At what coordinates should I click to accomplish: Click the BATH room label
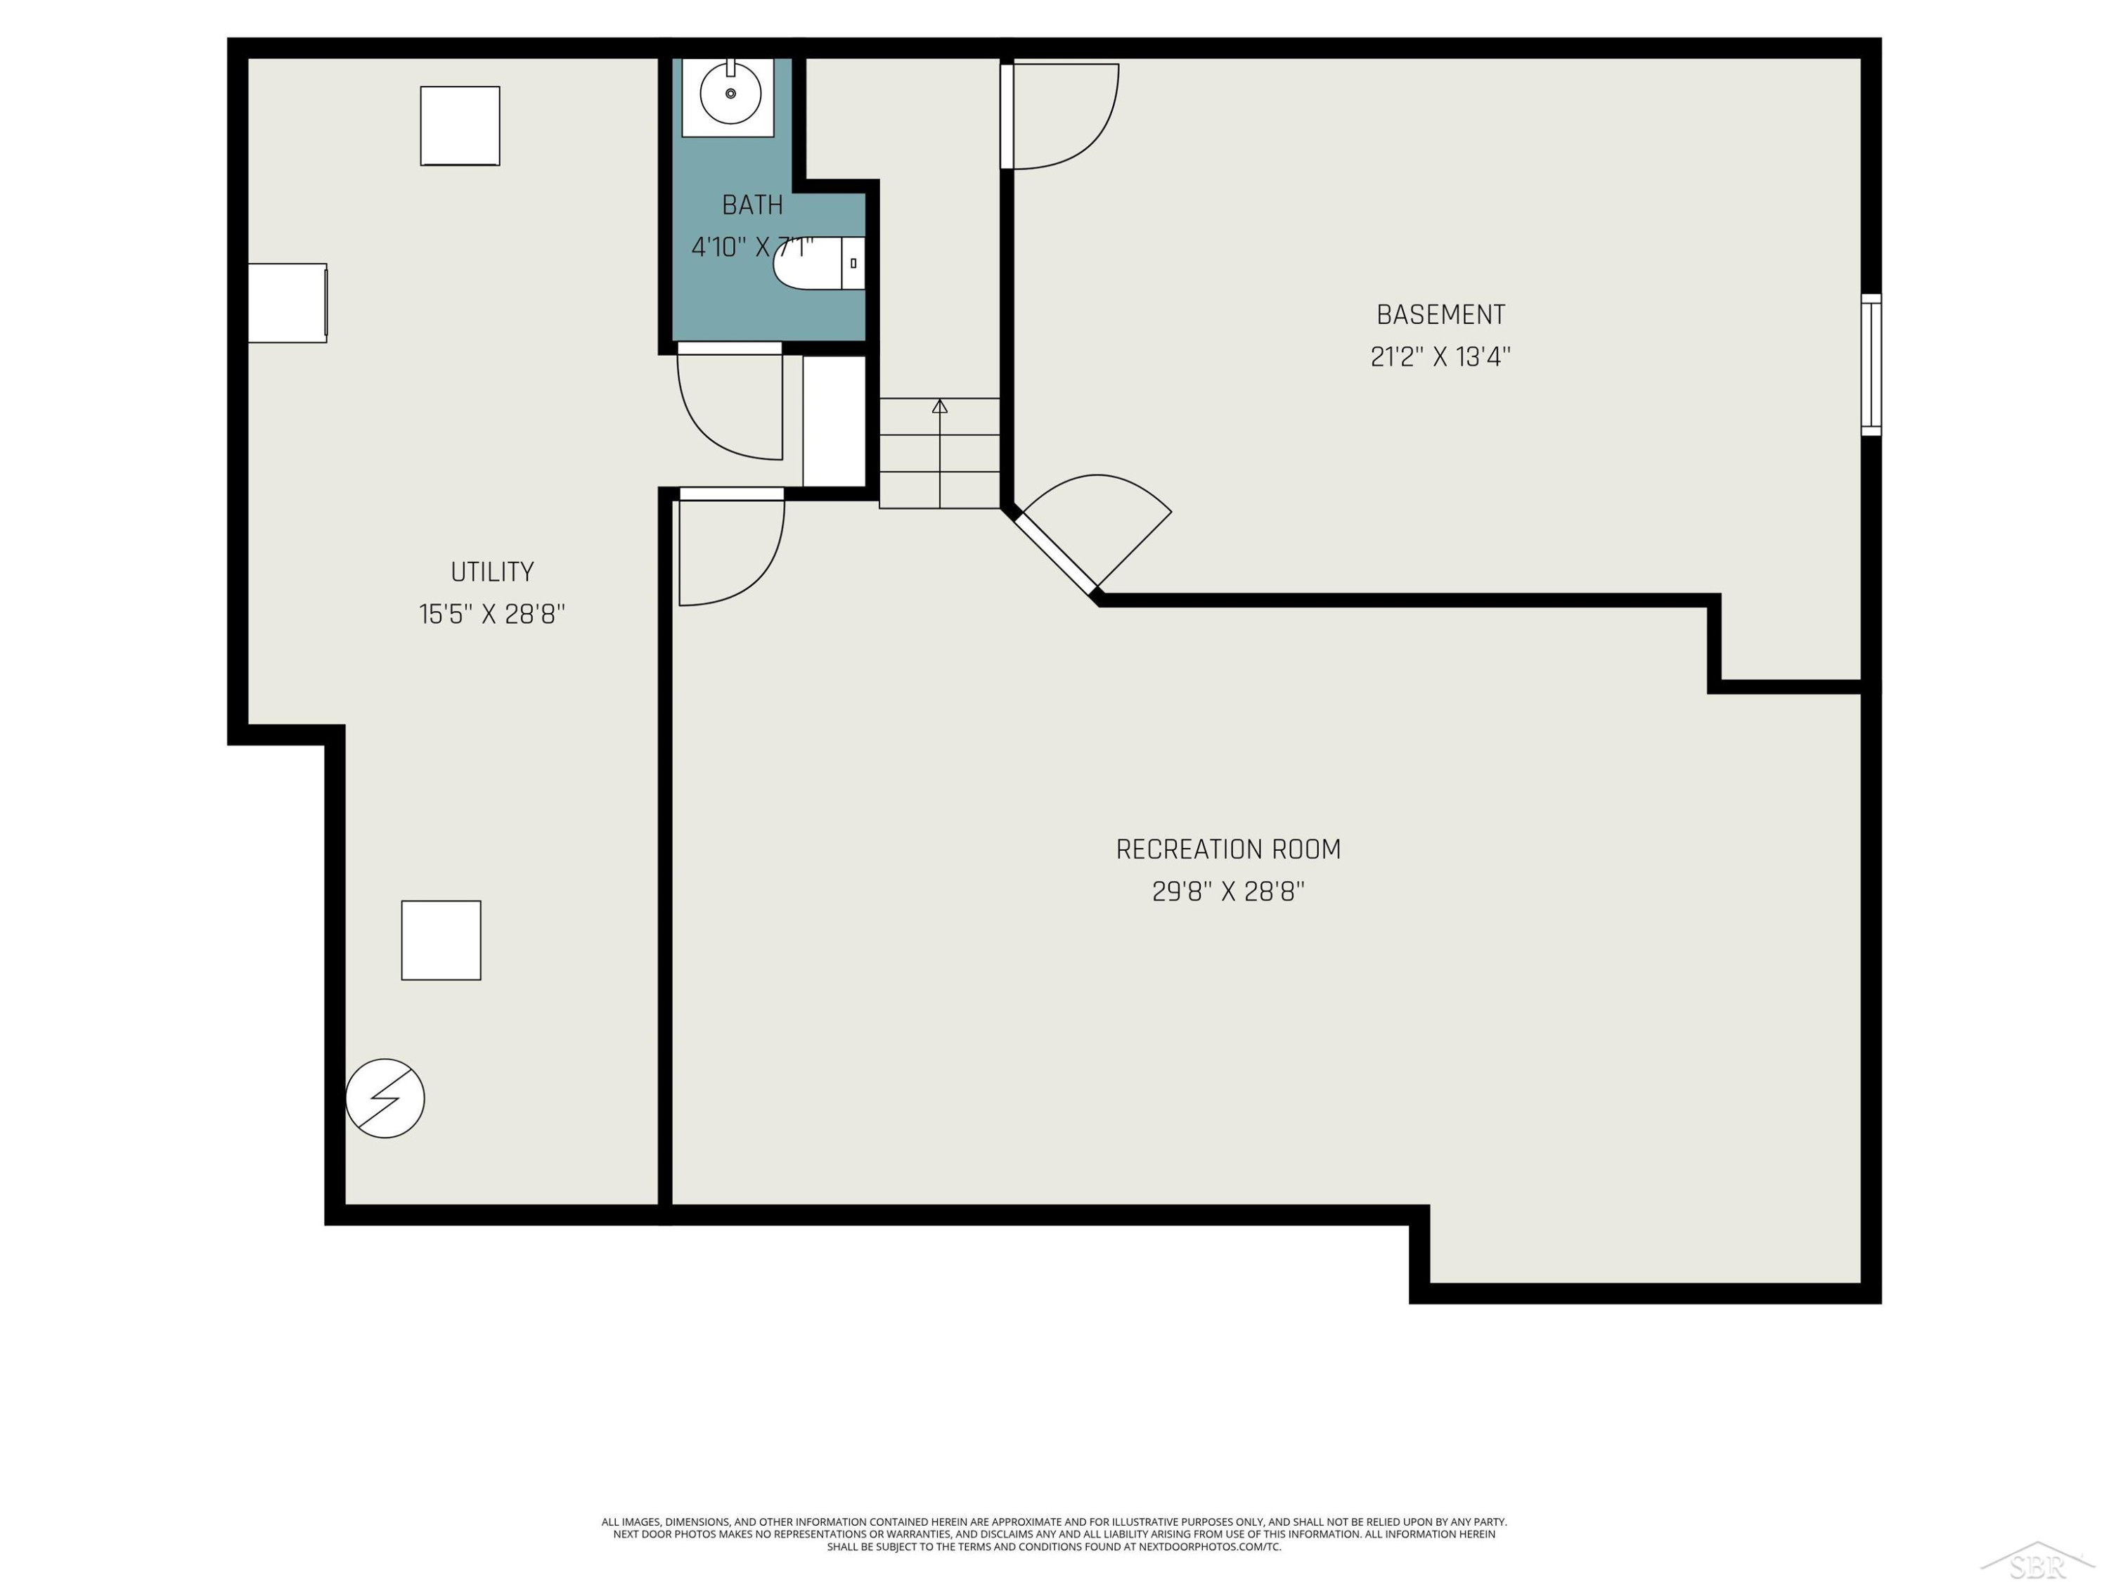752,205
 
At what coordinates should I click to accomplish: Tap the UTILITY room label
492,572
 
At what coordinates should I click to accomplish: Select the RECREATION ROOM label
1228,849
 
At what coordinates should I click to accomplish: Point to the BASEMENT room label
1440,315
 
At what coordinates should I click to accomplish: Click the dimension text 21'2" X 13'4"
1440,356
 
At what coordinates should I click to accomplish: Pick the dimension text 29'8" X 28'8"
1228,892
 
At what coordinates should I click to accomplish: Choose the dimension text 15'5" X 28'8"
492,614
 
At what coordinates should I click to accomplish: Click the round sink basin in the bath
730,94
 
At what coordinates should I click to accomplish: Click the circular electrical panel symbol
385,1098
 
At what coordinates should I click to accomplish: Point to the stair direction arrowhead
940,406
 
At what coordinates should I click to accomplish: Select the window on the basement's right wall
1871,365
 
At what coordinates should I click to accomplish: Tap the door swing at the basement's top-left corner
1060,116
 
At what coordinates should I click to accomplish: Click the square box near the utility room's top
460,126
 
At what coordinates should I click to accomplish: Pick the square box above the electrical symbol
441,940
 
